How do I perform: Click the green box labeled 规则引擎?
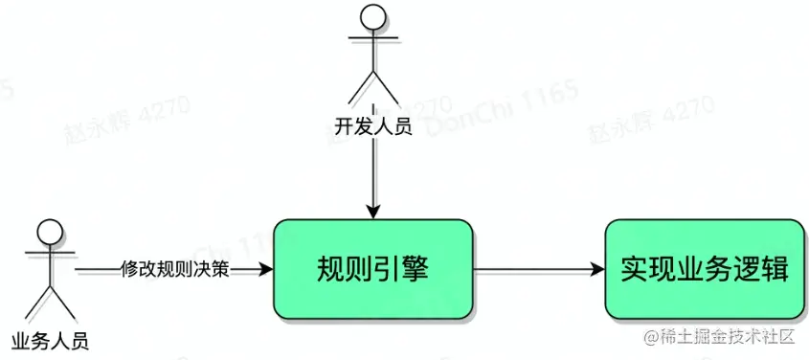(373, 269)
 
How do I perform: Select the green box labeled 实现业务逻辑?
(704, 269)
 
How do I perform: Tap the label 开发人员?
(373, 125)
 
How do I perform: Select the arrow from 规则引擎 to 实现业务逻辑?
(536, 269)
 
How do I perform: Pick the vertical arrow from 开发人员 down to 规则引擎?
(373, 172)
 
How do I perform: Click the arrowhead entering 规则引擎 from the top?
(373, 212)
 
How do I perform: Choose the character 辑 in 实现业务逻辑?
(774, 269)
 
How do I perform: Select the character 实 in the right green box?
(634, 269)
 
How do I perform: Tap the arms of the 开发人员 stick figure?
(373, 43)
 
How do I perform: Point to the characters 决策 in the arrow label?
(215, 269)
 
